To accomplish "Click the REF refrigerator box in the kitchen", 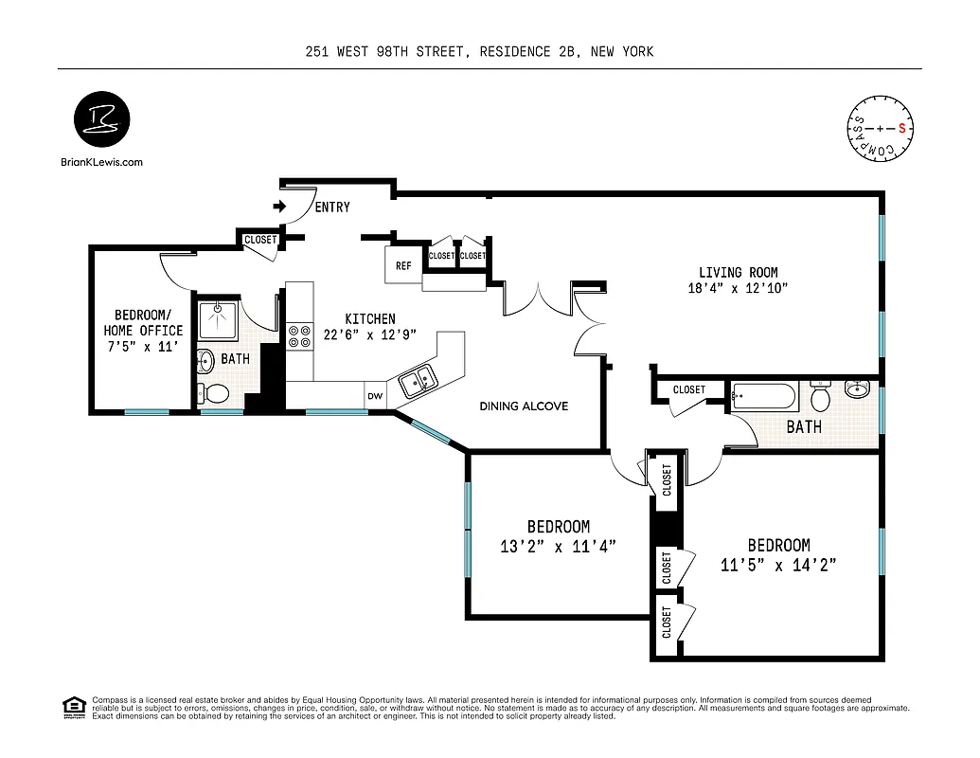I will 402,265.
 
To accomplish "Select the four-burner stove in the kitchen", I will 300,337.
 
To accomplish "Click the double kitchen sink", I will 418,381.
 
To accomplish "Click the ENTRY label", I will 331,208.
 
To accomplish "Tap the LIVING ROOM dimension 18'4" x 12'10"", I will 738,289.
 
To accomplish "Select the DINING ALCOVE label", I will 524,406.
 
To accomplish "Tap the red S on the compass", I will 902,127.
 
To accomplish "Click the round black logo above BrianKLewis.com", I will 101,121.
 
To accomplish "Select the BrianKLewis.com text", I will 101,162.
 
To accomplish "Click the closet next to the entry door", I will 260,240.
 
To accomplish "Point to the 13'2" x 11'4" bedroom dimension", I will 559,546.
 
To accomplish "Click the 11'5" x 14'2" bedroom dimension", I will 778,565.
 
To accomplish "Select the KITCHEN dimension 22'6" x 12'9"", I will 367,334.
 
